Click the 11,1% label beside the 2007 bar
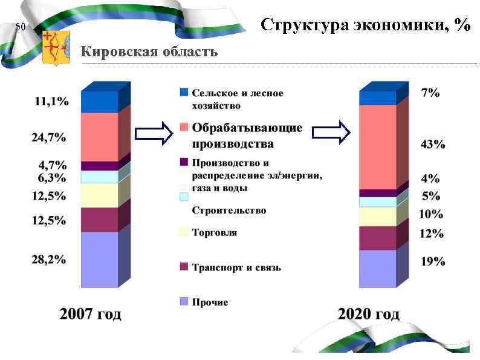tap(51, 102)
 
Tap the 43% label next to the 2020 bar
tap(433, 145)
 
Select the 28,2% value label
tap(49, 260)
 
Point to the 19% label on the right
tap(433, 261)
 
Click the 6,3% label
tap(52, 178)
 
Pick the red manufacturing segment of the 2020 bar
tap(377, 147)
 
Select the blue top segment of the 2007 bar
tap(99, 102)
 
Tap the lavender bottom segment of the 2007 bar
tap(99, 259)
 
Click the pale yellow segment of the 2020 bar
tap(377, 217)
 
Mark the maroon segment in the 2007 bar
tap(99, 220)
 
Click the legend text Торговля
tap(214, 232)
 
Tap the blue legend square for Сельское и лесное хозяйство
tap(184, 93)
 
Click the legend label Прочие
tap(210, 302)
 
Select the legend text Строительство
tap(229, 211)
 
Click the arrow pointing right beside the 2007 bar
tap(154, 134)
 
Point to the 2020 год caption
tap(368, 314)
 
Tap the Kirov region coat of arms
tap(56, 48)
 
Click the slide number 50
tap(21, 27)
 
